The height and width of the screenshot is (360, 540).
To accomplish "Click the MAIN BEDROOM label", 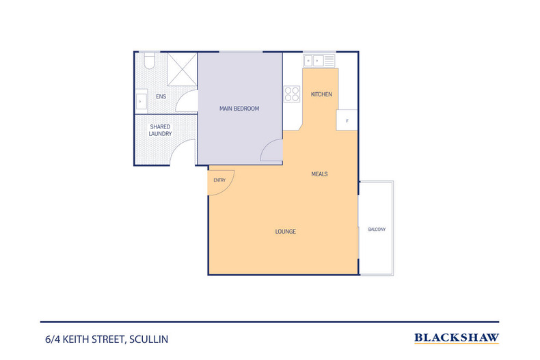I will click(239, 109).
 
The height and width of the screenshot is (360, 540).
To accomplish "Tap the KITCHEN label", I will click(321, 94).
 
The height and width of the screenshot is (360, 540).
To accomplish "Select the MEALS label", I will click(319, 174).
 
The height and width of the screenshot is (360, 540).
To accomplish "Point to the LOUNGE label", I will click(285, 232).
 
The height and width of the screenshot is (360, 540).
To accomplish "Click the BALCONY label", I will click(377, 230).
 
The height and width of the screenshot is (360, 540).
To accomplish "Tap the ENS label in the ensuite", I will click(161, 97).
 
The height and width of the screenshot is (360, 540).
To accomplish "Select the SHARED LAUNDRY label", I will click(160, 130).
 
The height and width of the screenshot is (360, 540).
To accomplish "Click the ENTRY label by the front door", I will click(219, 180).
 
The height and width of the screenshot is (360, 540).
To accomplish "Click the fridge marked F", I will click(347, 120).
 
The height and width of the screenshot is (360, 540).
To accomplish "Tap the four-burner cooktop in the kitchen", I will click(292, 94).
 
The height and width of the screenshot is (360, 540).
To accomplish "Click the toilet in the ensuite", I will click(148, 61).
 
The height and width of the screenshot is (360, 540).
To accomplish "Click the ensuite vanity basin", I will click(140, 101).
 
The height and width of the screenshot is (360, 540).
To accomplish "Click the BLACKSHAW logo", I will click(457, 338).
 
